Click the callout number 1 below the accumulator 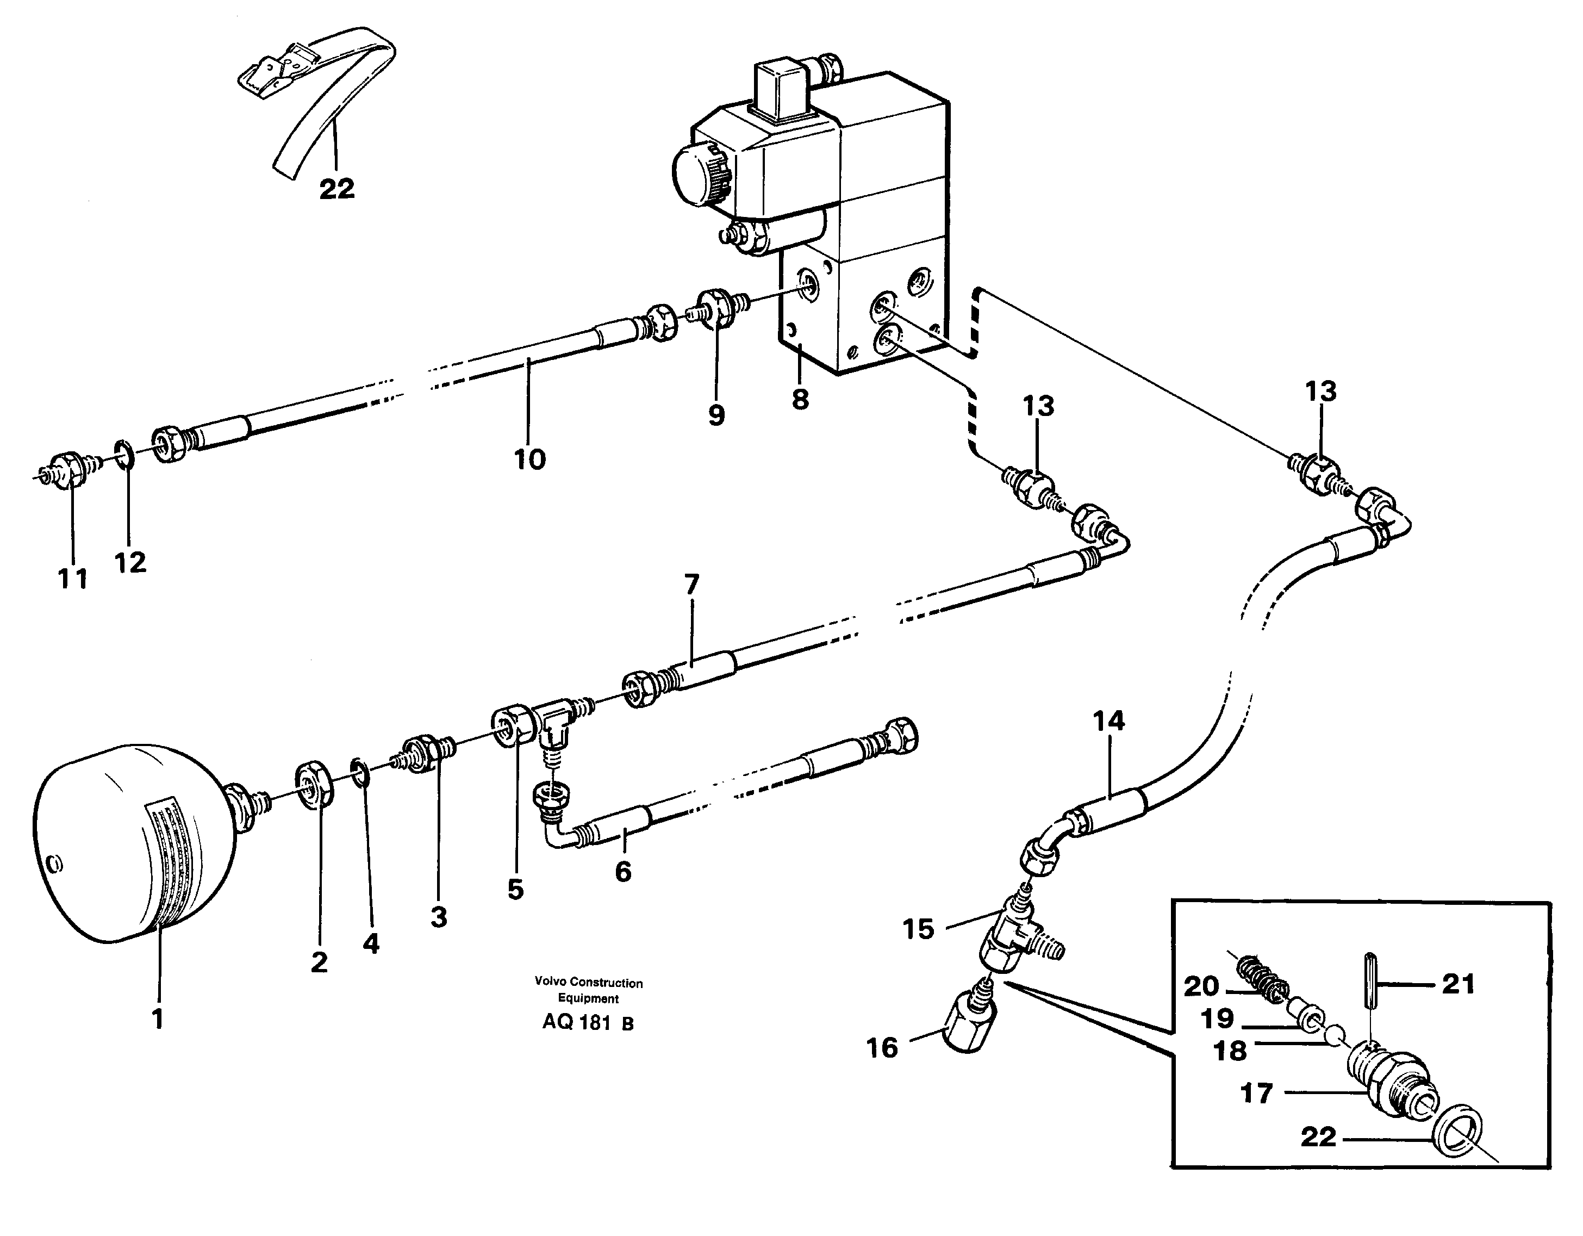[157, 1018]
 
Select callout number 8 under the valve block [800, 399]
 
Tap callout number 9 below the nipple [716, 415]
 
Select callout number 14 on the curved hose [1108, 721]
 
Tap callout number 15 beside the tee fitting [918, 929]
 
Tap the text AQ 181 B [588, 1023]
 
